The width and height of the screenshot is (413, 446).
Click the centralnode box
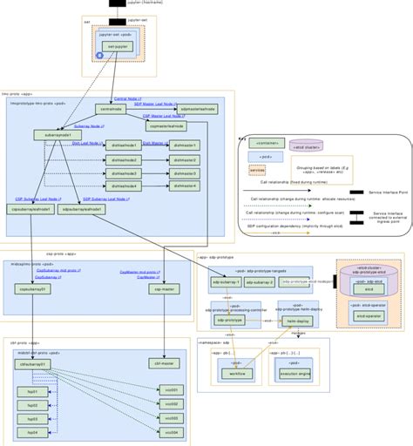pos(111,110)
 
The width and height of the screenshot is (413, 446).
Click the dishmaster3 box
pos(186,172)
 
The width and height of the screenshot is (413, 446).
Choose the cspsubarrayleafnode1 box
pos(30,209)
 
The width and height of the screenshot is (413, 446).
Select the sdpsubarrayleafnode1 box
pos(84,209)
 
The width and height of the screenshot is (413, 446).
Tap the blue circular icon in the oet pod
pos(98,55)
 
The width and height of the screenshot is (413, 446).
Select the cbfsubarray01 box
pos(30,364)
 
